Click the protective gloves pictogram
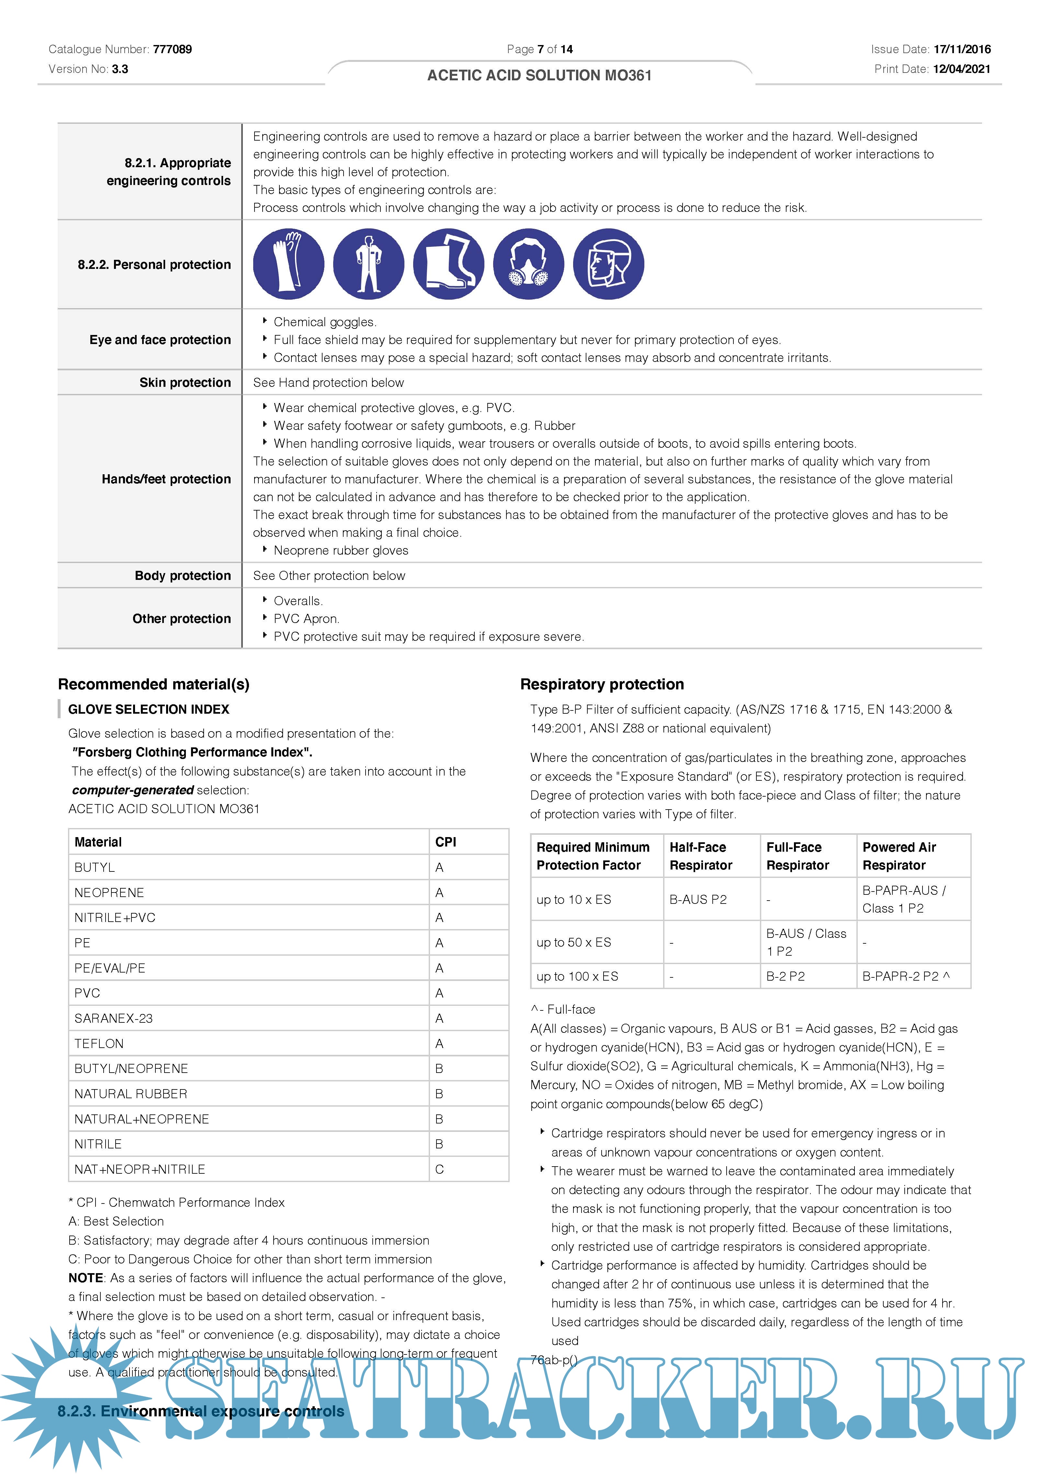288,264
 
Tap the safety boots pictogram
449,264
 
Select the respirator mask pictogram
528,264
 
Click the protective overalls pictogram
368,264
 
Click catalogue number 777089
172,50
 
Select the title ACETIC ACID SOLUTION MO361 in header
539,76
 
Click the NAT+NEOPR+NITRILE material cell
140,1169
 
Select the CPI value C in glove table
440,1169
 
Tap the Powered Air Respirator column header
899,856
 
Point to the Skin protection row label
185,383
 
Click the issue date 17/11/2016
961,50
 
